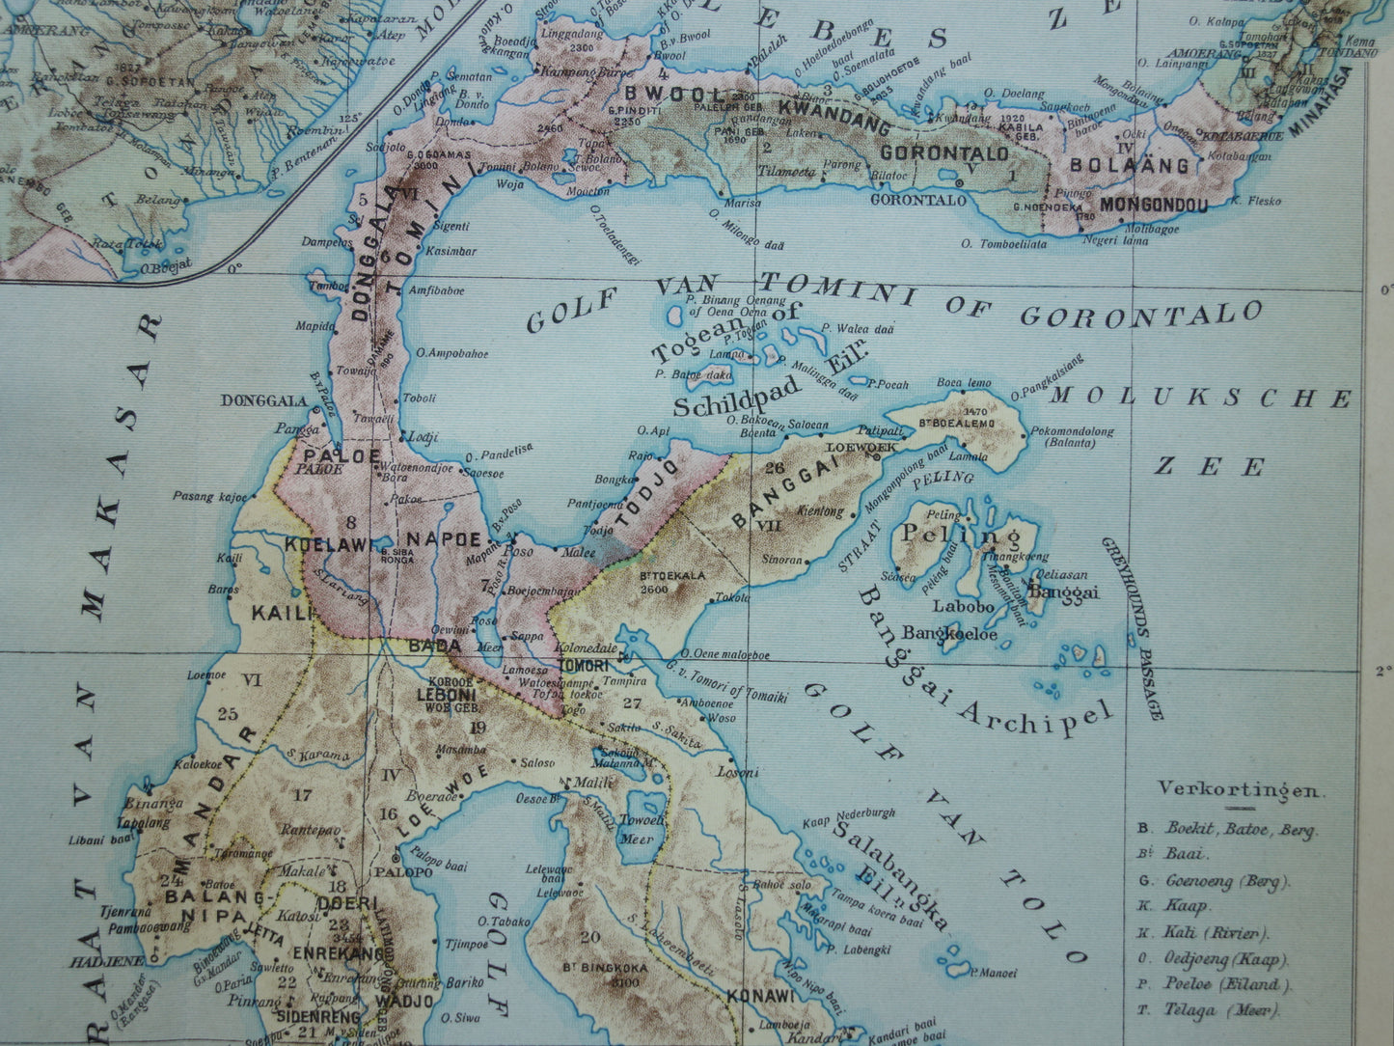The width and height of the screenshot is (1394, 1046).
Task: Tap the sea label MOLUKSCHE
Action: click(x=1200, y=397)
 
